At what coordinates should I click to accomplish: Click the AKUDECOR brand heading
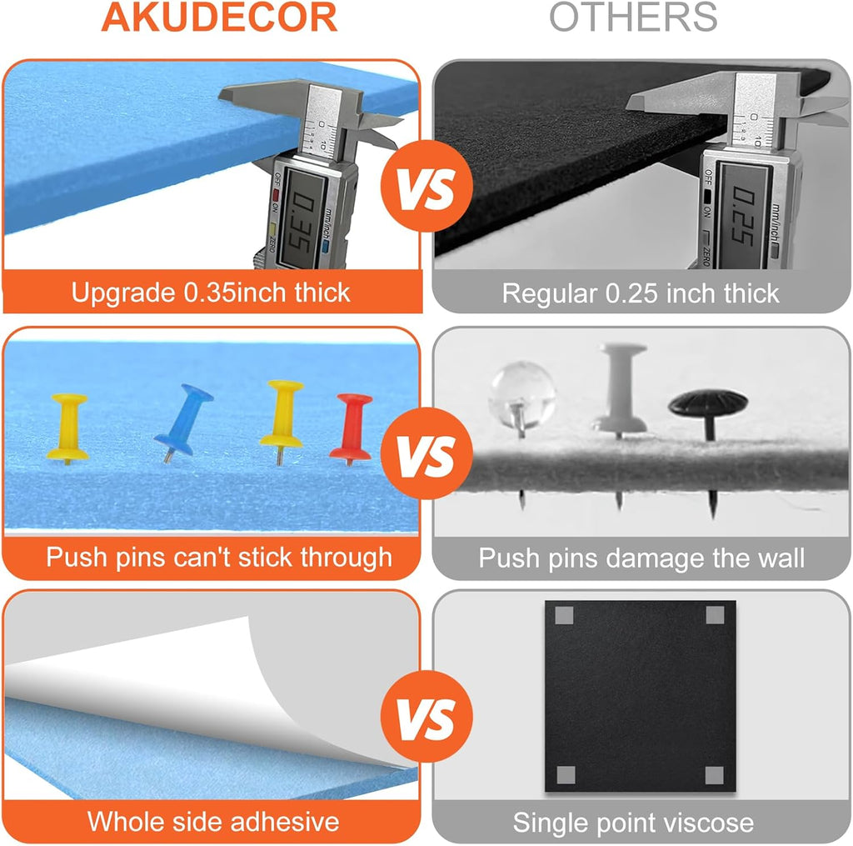pyautogui.click(x=219, y=18)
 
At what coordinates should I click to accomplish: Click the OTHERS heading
pyautogui.click(x=633, y=18)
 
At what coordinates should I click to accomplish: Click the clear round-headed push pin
pyautogui.click(x=521, y=395)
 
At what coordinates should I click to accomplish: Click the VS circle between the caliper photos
pyautogui.click(x=426, y=186)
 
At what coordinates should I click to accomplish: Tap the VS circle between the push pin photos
pyautogui.click(x=426, y=453)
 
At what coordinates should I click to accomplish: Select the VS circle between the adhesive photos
pyautogui.click(x=426, y=717)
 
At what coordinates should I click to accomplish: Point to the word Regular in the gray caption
pyautogui.click(x=550, y=294)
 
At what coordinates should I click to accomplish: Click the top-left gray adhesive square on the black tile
pyautogui.click(x=564, y=616)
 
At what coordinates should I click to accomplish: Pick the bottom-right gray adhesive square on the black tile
pyautogui.click(x=714, y=775)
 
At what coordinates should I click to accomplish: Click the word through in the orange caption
pyautogui.click(x=346, y=558)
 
